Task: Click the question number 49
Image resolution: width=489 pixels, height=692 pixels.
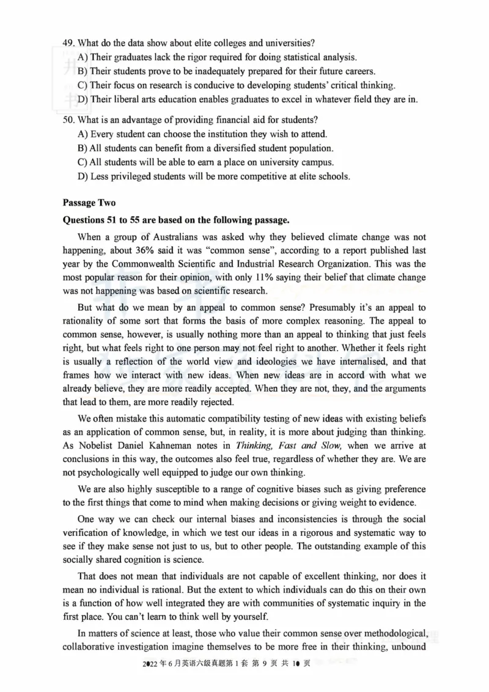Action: click(x=68, y=43)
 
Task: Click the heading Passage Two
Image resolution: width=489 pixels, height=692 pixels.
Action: click(x=89, y=203)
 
